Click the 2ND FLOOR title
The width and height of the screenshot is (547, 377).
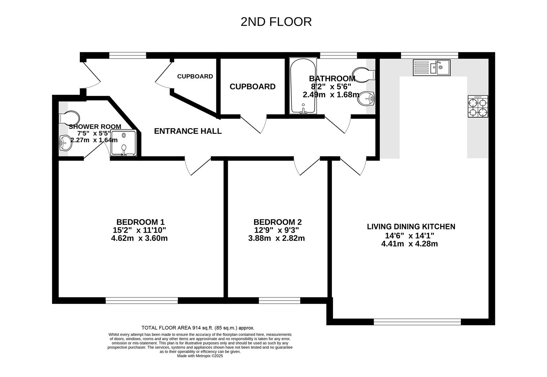(276, 22)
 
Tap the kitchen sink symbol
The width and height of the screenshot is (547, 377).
(432, 67)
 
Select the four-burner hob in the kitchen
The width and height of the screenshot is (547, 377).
(478, 107)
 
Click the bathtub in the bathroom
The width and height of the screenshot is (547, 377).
(303, 86)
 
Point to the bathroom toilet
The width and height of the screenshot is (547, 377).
(363, 74)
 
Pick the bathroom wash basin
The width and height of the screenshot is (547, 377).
(366, 99)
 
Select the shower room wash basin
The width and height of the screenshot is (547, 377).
(65, 142)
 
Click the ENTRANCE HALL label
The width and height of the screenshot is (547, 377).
(188, 131)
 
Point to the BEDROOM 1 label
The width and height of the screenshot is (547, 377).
(140, 222)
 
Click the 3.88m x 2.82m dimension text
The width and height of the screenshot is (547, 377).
(276, 238)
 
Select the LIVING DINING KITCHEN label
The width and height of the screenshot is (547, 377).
(411, 227)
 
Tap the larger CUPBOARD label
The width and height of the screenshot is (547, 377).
(252, 87)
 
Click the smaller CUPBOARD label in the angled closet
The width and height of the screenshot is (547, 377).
(195, 76)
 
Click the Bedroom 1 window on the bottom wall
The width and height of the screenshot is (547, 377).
(141, 300)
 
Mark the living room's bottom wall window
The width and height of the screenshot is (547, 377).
(417, 322)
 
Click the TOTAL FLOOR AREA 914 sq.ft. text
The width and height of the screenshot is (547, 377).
(198, 328)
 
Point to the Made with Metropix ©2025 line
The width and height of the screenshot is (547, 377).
(200, 356)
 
